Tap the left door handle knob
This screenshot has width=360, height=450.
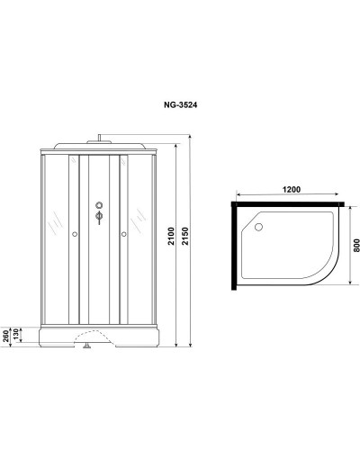[72, 237]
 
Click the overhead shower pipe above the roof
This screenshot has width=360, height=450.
[96, 139]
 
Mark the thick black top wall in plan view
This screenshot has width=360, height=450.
[288, 202]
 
